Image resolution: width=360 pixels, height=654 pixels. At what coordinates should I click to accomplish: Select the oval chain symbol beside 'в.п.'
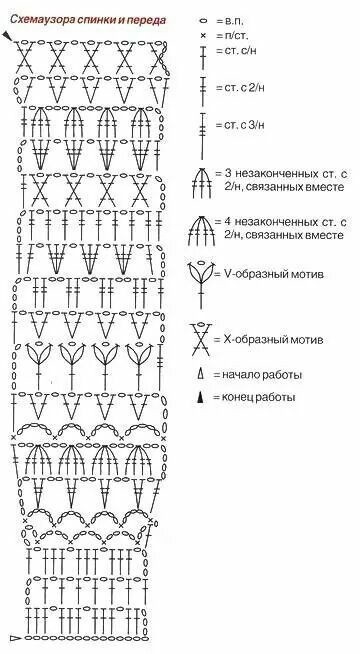[x=203, y=20]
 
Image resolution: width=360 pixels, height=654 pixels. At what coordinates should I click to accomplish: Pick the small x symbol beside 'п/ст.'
[x=203, y=36]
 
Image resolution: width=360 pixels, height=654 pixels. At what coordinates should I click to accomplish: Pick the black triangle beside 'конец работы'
[x=201, y=397]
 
